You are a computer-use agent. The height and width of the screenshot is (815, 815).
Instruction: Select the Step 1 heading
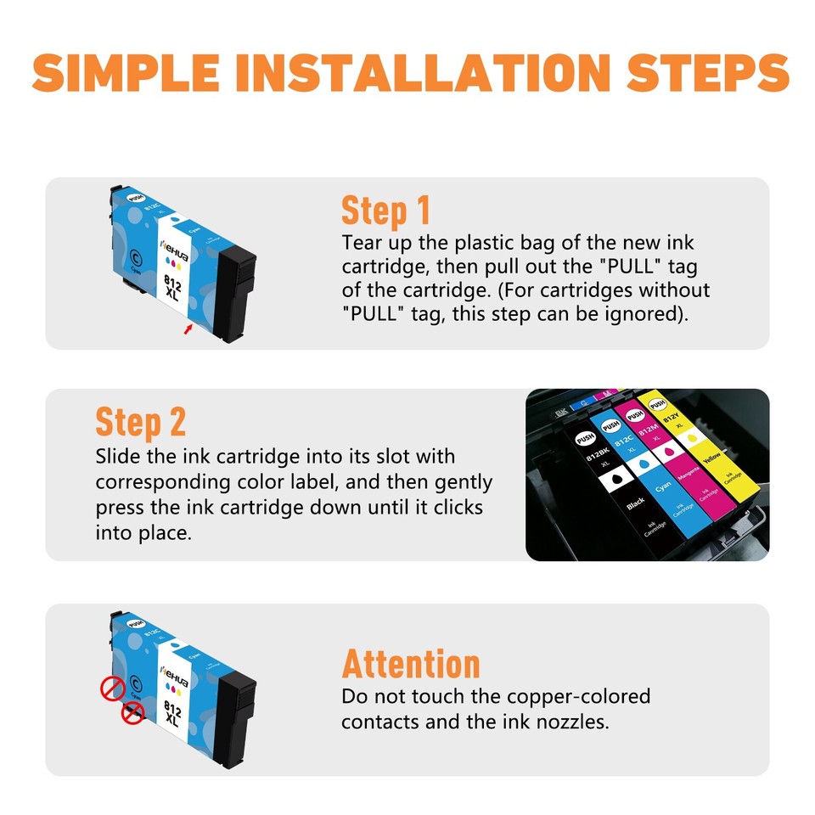point(385,210)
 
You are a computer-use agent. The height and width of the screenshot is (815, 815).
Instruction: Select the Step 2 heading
point(140,422)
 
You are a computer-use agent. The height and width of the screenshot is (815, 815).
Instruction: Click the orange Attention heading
point(411,663)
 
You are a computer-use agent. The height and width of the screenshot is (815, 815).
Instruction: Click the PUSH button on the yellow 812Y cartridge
point(655,406)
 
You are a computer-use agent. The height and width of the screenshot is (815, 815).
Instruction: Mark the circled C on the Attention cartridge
point(137,678)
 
